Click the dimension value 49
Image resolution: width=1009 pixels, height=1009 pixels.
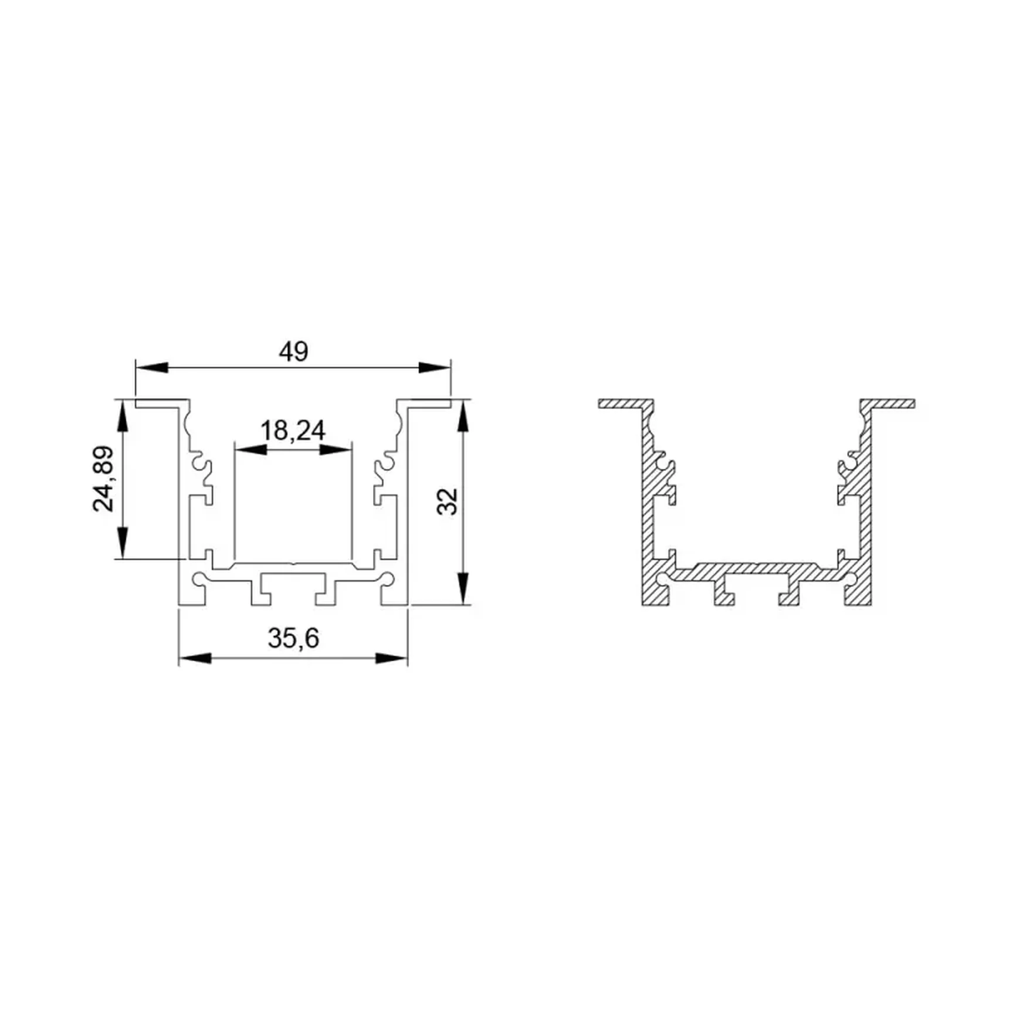pyautogui.click(x=293, y=351)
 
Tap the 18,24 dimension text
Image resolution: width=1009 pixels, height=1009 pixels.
pyautogui.click(x=293, y=431)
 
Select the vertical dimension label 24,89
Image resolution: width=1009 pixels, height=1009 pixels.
pyautogui.click(x=104, y=479)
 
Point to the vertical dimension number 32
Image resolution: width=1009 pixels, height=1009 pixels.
pyautogui.click(x=448, y=502)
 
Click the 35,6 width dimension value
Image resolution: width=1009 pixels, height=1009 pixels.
pyautogui.click(x=293, y=638)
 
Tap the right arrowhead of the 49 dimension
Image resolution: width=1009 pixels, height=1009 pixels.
pyautogui.click(x=435, y=368)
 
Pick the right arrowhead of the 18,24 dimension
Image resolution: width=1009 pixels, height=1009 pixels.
pyautogui.click(x=336, y=450)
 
